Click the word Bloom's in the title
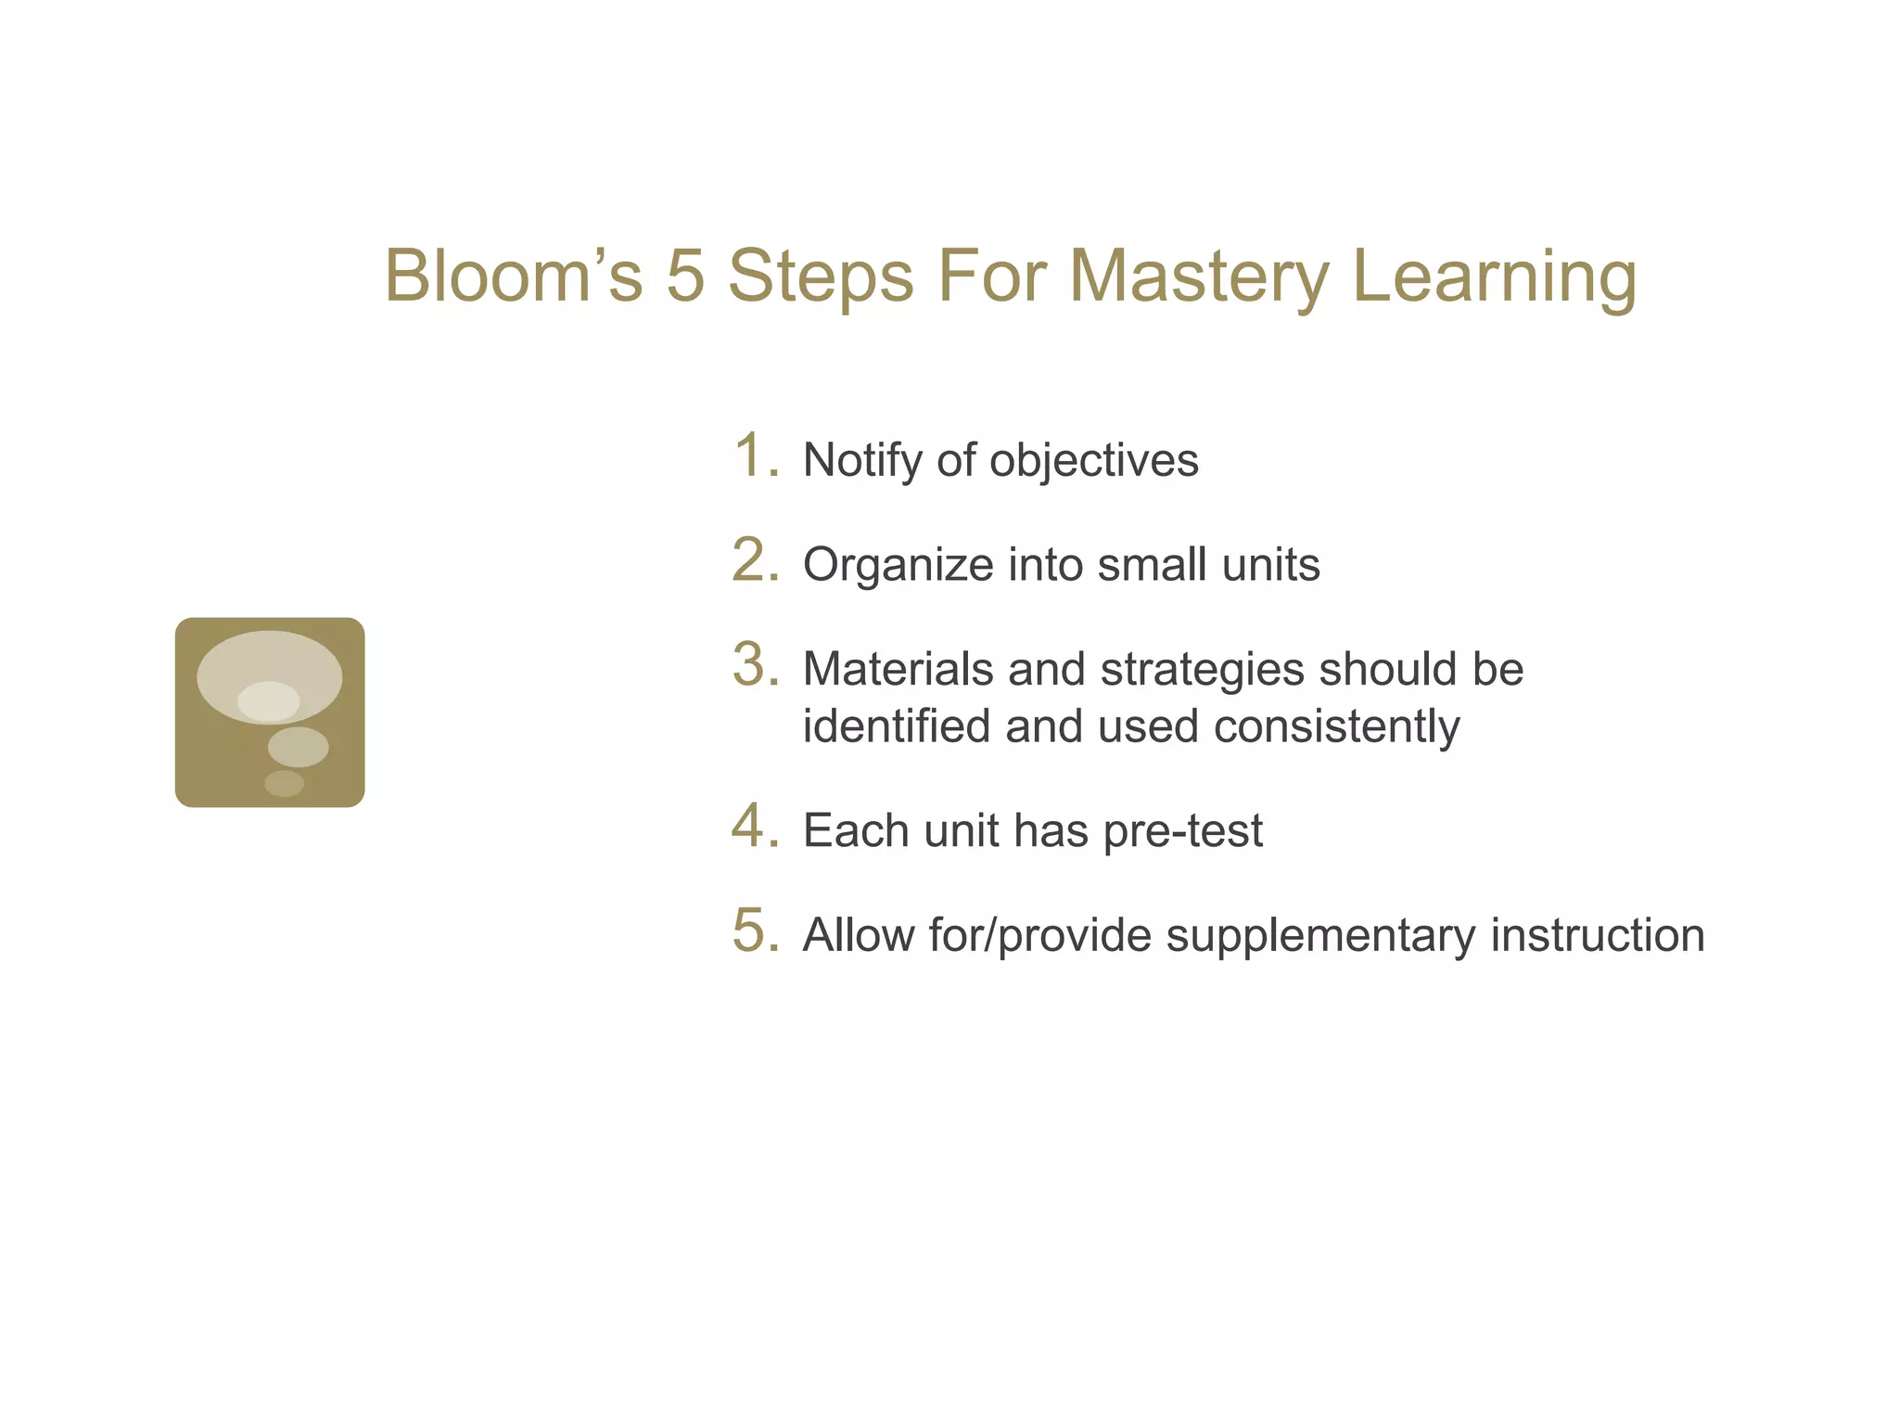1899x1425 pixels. (513, 276)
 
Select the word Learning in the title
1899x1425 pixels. (1494, 276)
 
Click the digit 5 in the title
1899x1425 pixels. (685, 276)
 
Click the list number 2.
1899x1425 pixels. (753, 560)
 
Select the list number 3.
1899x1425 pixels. (753, 665)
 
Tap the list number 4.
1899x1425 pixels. (753, 826)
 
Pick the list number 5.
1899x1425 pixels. (753, 931)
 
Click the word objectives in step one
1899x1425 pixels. (1093, 460)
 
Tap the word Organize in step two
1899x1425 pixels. (898, 565)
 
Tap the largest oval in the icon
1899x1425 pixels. (269, 659)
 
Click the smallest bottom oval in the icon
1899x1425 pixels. (284, 783)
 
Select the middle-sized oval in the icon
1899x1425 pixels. (298, 747)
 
